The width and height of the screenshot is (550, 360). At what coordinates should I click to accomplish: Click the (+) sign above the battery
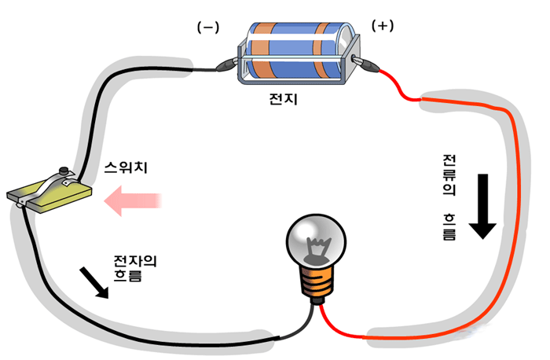pyautogui.click(x=382, y=25)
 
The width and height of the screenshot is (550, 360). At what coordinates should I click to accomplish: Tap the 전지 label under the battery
pyautogui.click(x=283, y=101)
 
